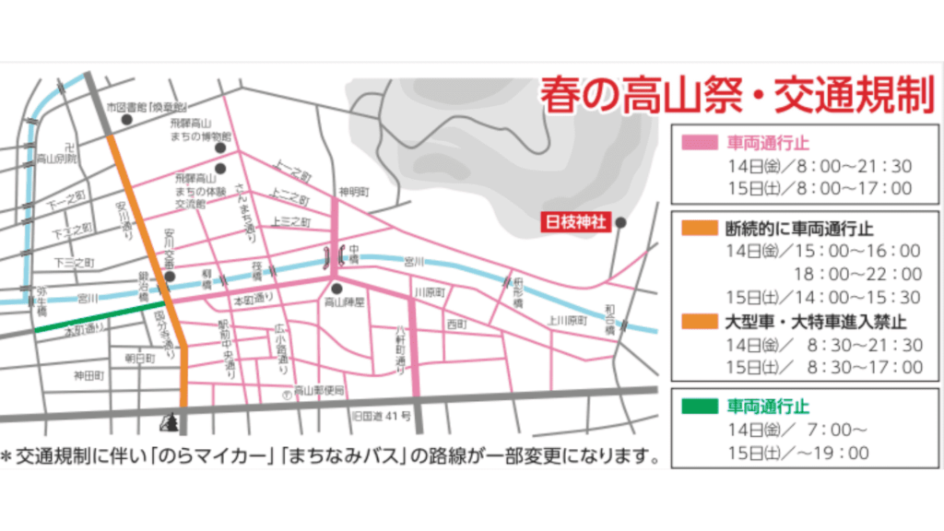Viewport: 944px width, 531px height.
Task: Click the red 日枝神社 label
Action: (575, 223)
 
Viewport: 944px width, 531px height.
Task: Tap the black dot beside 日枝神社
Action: (621, 222)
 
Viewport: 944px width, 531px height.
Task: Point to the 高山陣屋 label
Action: (346, 301)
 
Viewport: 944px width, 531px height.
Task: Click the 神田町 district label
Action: (89, 376)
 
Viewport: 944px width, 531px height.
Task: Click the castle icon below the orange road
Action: (171, 422)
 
